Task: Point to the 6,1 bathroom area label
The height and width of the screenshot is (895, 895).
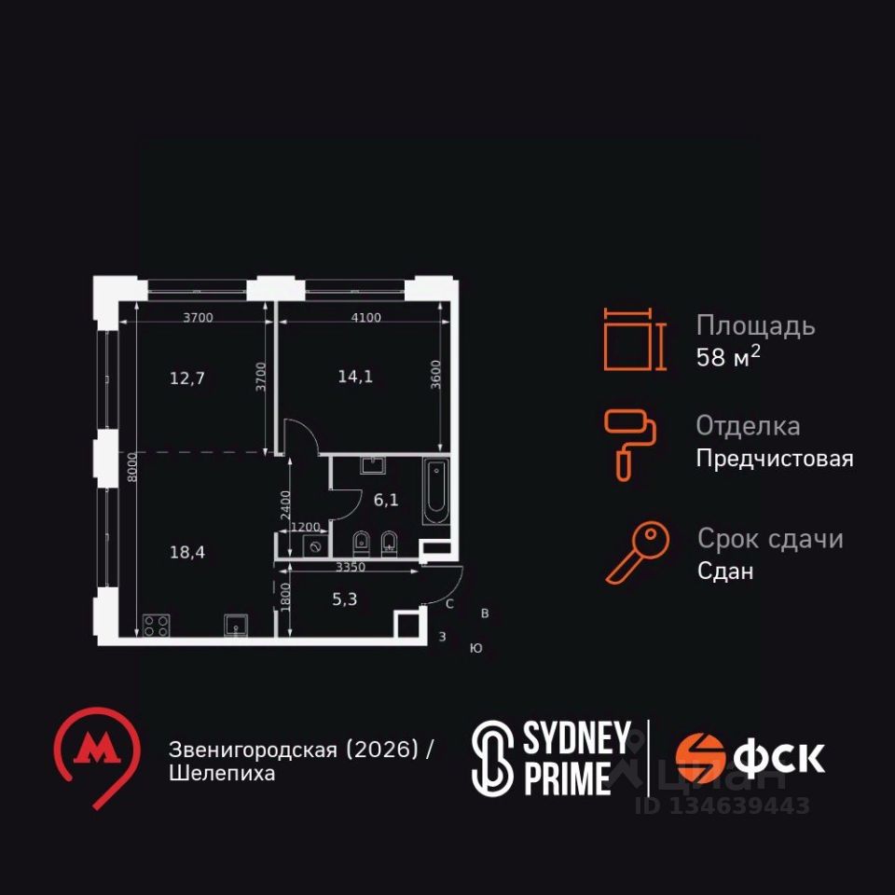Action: (386, 500)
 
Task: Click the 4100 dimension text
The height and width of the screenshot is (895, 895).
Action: (365, 318)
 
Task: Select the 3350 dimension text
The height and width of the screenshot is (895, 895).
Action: (351, 566)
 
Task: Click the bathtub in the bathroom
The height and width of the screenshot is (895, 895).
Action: (435, 491)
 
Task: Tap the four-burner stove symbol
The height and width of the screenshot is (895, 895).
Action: (155, 626)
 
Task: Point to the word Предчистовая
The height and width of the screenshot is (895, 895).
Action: (775, 459)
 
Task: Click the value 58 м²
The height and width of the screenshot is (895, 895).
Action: (728, 358)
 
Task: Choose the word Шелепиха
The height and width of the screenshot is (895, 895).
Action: (222, 774)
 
